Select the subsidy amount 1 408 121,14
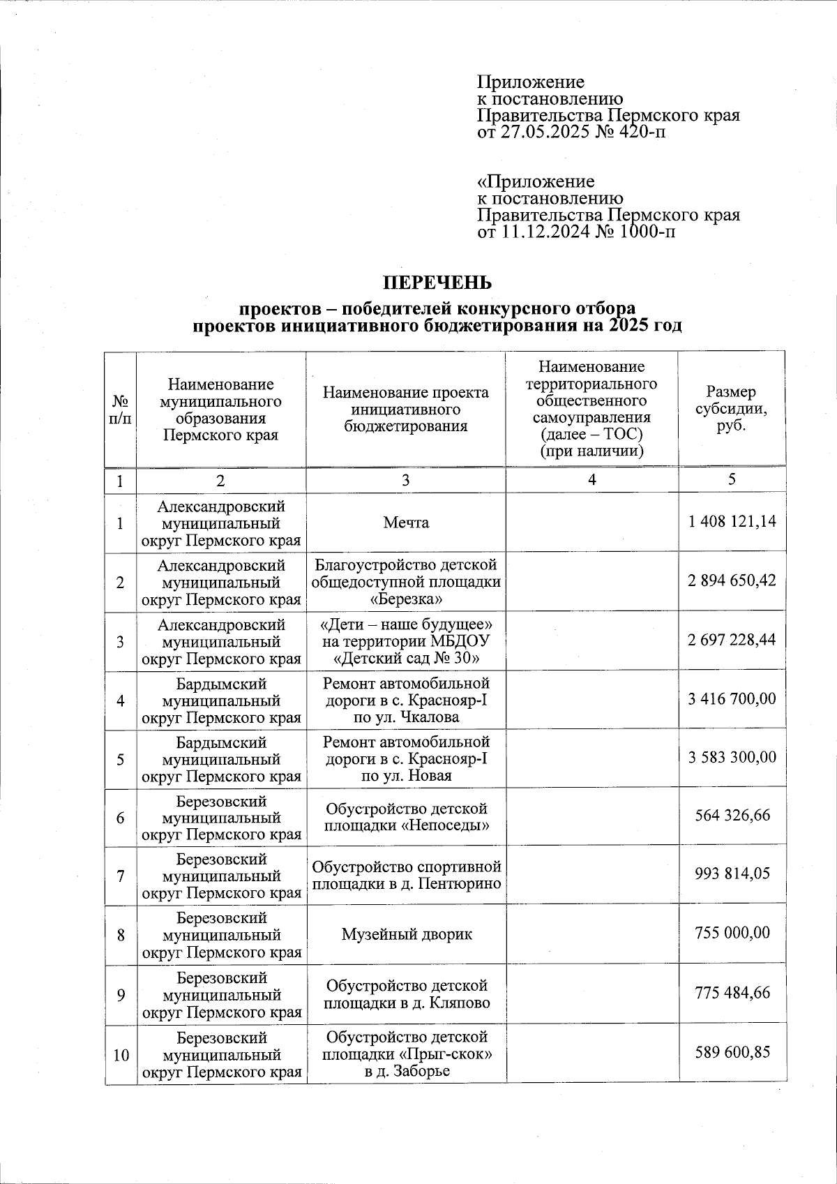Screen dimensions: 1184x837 tap(732, 522)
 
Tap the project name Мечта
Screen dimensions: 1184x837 tap(406, 523)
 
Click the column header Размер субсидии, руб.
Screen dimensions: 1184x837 tap(731, 409)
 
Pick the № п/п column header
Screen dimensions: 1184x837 tap(120, 410)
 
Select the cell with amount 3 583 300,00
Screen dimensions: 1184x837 tap(732, 758)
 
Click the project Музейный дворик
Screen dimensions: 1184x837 tap(406, 934)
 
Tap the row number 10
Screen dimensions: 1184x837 tap(121, 1054)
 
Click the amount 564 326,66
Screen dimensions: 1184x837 tap(732, 816)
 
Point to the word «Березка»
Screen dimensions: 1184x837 tap(406, 599)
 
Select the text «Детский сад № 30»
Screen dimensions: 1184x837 tap(406, 658)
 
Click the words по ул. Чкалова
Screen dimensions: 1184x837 tap(406, 717)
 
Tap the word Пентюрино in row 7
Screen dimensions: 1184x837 tap(461, 883)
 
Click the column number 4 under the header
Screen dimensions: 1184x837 tap(591, 480)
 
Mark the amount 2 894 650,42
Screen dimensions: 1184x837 tap(732, 580)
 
